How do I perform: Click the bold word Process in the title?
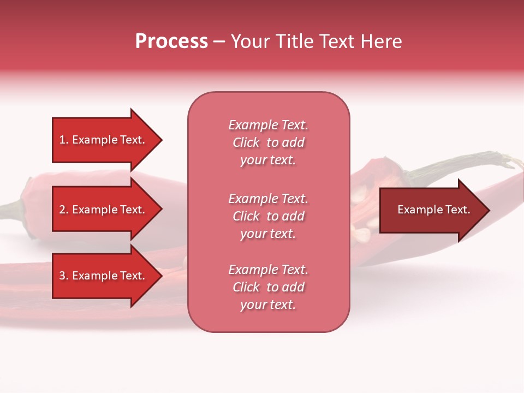tap(171, 41)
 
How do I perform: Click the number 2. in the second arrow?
tap(64, 210)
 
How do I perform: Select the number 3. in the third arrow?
tap(64, 276)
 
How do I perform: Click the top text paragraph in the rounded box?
tap(268, 142)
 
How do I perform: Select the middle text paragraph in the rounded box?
tap(268, 216)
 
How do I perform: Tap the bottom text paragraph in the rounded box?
tap(268, 287)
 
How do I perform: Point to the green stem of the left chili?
tap(11, 207)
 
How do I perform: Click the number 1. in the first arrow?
tap(64, 140)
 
